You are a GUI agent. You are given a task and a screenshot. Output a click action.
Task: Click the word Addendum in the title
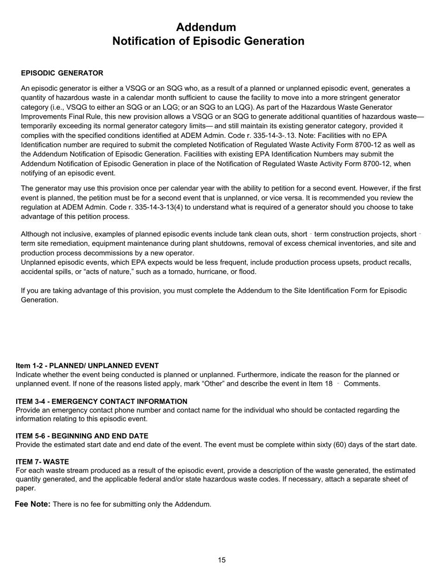tap(206, 27)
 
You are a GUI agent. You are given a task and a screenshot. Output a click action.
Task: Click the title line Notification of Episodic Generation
tap(208, 41)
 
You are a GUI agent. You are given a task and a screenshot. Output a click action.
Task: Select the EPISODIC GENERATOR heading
tap(62, 73)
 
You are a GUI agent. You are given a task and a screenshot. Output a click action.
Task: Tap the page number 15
tap(222, 560)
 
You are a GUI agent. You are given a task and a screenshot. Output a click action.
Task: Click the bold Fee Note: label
tap(32, 504)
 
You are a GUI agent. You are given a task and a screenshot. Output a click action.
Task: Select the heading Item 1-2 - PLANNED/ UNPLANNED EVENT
tap(87, 365)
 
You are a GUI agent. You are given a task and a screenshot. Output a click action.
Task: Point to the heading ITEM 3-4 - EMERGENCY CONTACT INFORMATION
tap(101, 402)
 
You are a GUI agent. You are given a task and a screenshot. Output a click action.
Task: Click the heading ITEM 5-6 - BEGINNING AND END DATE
tap(82, 436)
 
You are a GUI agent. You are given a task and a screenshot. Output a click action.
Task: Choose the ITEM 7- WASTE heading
tap(42, 462)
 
